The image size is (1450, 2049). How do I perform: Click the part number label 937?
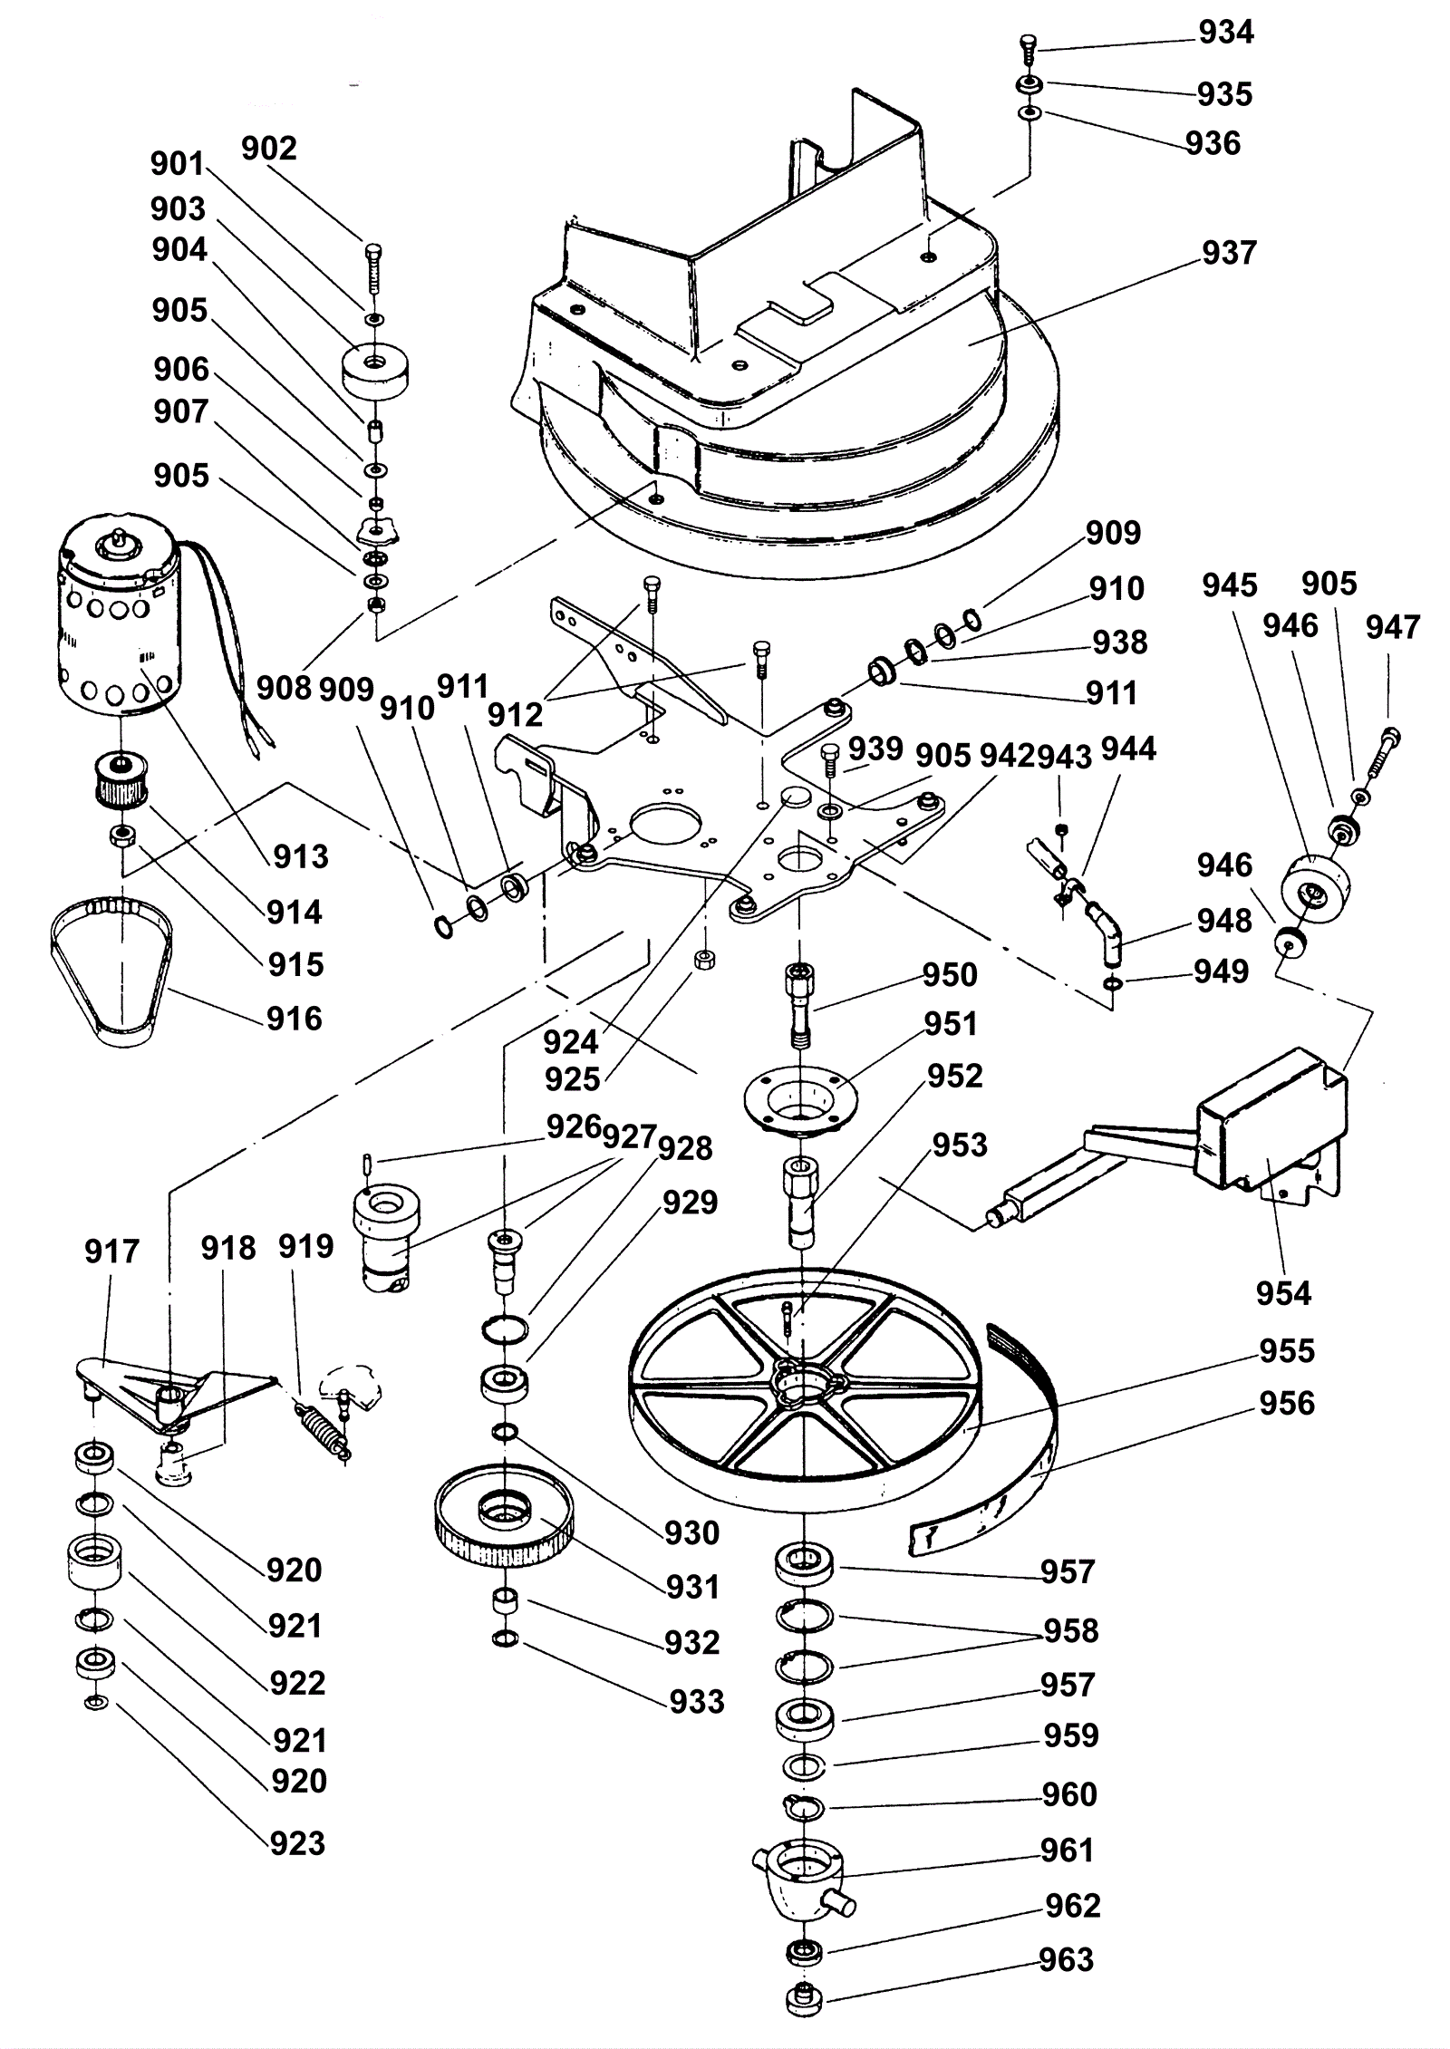pyautogui.click(x=1229, y=253)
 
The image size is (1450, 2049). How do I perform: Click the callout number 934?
pyautogui.click(x=1225, y=33)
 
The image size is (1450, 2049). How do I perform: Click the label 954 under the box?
pyautogui.click(x=1283, y=1293)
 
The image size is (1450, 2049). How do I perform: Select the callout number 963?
pyautogui.click(x=1066, y=1959)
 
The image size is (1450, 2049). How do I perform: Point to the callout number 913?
pyautogui.click(x=301, y=855)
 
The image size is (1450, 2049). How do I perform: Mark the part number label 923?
pyautogui.click(x=297, y=1842)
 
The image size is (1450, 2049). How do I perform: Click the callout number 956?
pyautogui.click(x=1286, y=1404)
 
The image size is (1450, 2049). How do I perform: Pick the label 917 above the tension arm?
pyautogui.click(x=111, y=1252)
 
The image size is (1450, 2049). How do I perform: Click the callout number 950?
pyautogui.click(x=950, y=975)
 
